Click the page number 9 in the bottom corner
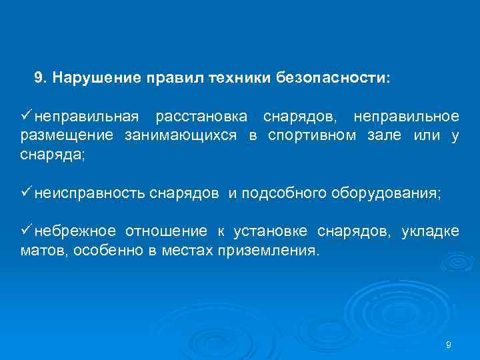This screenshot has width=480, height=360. [x=448, y=345]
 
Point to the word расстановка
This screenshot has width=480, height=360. [x=201, y=117]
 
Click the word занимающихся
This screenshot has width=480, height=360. [x=181, y=136]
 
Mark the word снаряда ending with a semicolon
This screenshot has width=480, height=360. [x=52, y=155]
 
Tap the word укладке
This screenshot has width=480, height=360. [x=430, y=231]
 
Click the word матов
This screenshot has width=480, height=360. [x=39, y=251]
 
